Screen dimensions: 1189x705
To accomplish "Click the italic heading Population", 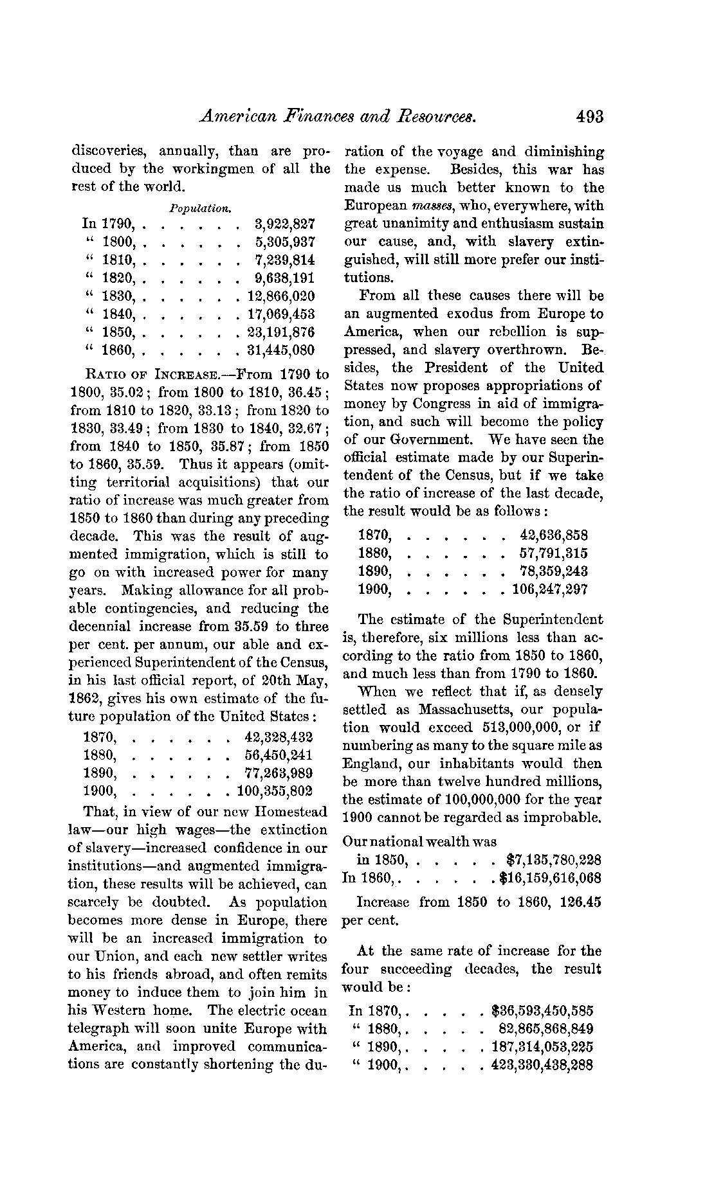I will pyautogui.click(x=199, y=208).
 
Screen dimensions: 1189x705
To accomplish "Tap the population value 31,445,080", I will pyautogui.click(x=281, y=350).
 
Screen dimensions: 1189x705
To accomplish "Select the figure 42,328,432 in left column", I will pyautogui.click(x=279, y=736).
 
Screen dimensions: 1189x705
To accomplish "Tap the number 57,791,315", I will pyautogui.click(x=553, y=553).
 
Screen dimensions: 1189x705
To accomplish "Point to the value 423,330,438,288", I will pyautogui.click(x=542, y=1065).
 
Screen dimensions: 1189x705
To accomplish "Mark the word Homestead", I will pyautogui.click(x=291, y=812).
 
